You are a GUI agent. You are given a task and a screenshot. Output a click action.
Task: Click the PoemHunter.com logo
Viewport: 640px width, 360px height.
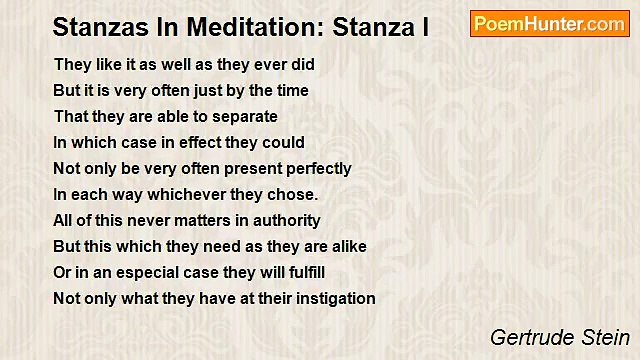549,24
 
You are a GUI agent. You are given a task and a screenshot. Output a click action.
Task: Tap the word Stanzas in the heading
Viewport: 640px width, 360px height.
94,27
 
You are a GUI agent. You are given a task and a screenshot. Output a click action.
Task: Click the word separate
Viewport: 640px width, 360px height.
244,116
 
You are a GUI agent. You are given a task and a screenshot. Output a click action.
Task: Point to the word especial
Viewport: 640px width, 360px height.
139,272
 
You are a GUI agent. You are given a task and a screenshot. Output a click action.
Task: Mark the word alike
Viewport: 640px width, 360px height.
346,246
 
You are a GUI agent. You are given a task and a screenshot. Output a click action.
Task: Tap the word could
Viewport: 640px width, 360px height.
284,142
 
